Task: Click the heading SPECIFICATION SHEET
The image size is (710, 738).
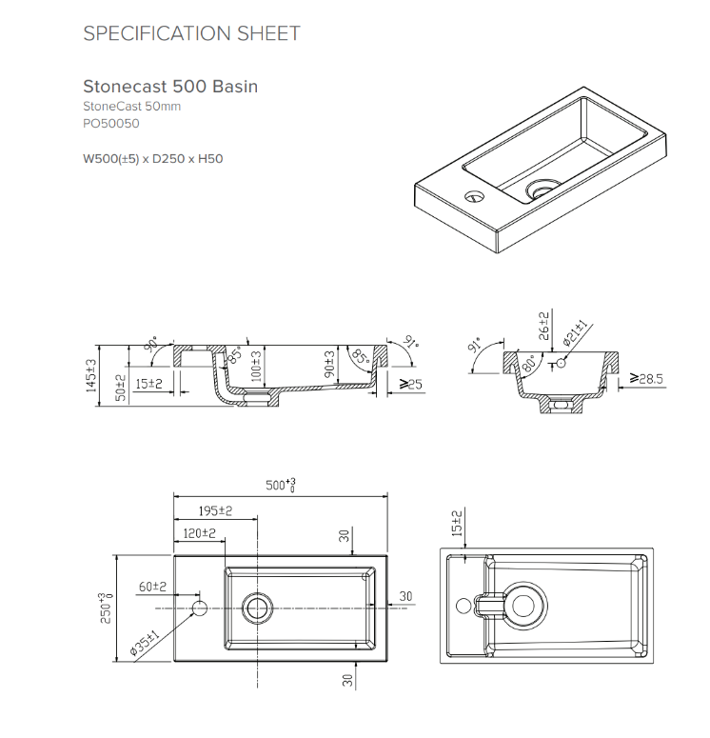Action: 191,33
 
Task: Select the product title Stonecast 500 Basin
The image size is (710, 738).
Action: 170,87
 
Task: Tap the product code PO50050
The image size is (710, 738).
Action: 111,123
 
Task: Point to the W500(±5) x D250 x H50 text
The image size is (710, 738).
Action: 153,159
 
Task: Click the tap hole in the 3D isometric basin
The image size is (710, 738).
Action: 475,196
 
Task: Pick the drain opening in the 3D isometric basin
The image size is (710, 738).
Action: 543,189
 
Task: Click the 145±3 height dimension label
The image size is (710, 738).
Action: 91,375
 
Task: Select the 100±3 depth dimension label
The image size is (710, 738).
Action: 256,367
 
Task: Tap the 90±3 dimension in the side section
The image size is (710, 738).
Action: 330,364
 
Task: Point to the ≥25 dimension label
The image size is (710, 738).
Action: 411,384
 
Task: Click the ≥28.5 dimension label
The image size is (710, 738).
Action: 646,378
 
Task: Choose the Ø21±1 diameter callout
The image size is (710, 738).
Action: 575,332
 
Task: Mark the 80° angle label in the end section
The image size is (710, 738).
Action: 529,364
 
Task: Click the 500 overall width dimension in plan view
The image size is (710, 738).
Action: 281,485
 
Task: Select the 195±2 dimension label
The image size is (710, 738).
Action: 215,510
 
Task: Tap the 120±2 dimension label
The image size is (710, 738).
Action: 200,533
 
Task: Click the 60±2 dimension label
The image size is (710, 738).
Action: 152,587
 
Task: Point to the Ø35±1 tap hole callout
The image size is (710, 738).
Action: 145,643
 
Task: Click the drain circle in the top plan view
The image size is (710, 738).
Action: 257,608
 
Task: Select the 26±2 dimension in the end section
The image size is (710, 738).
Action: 543,327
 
